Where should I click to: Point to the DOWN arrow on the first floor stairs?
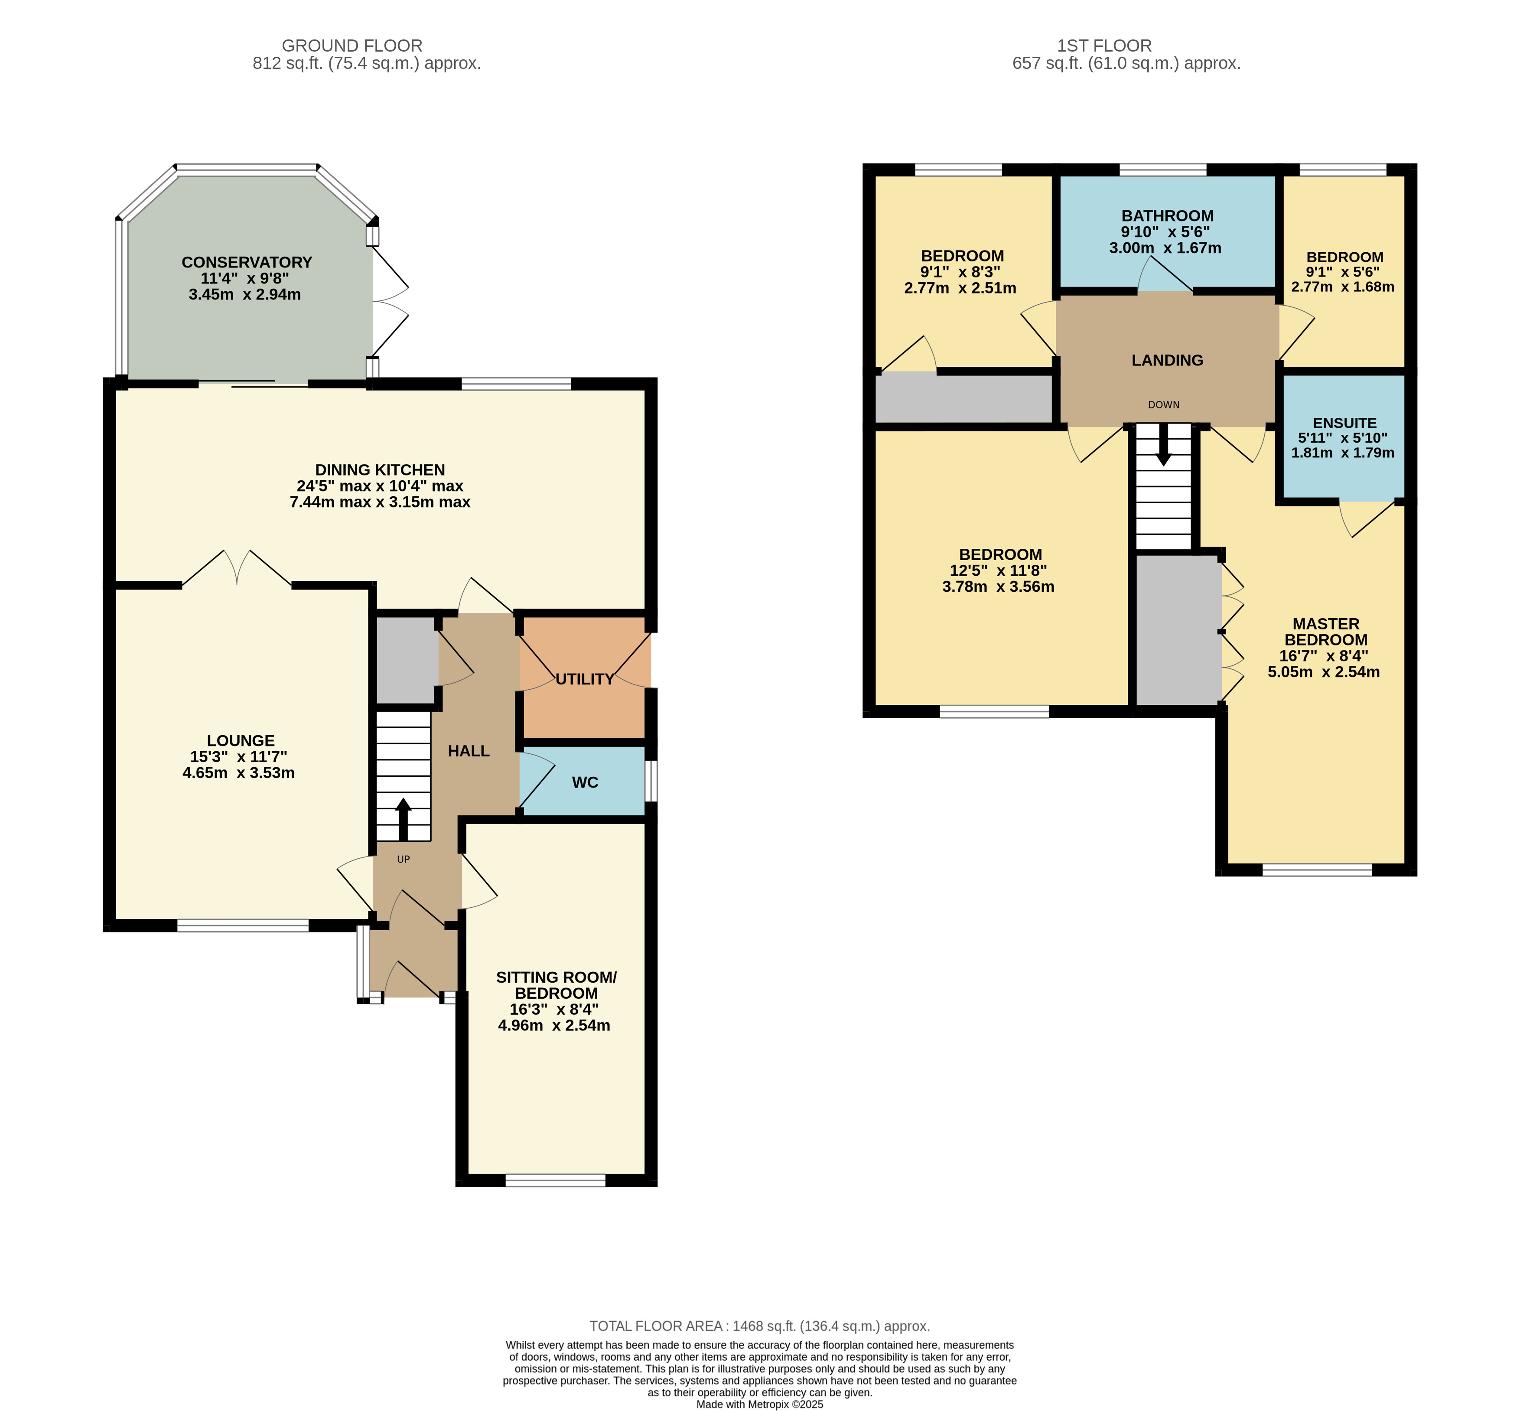tap(1163, 444)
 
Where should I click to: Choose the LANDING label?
tap(1167, 360)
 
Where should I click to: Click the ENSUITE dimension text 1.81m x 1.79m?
tap(1343, 453)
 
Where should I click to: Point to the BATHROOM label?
tap(1167, 216)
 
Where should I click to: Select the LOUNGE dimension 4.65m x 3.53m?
tap(238, 772)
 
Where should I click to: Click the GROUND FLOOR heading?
tap(352, 46)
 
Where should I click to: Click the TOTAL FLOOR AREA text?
tap(760, 1326)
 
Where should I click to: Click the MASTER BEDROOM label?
tap(1326, 632)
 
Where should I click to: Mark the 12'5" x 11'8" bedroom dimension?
tap(999, 570)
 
